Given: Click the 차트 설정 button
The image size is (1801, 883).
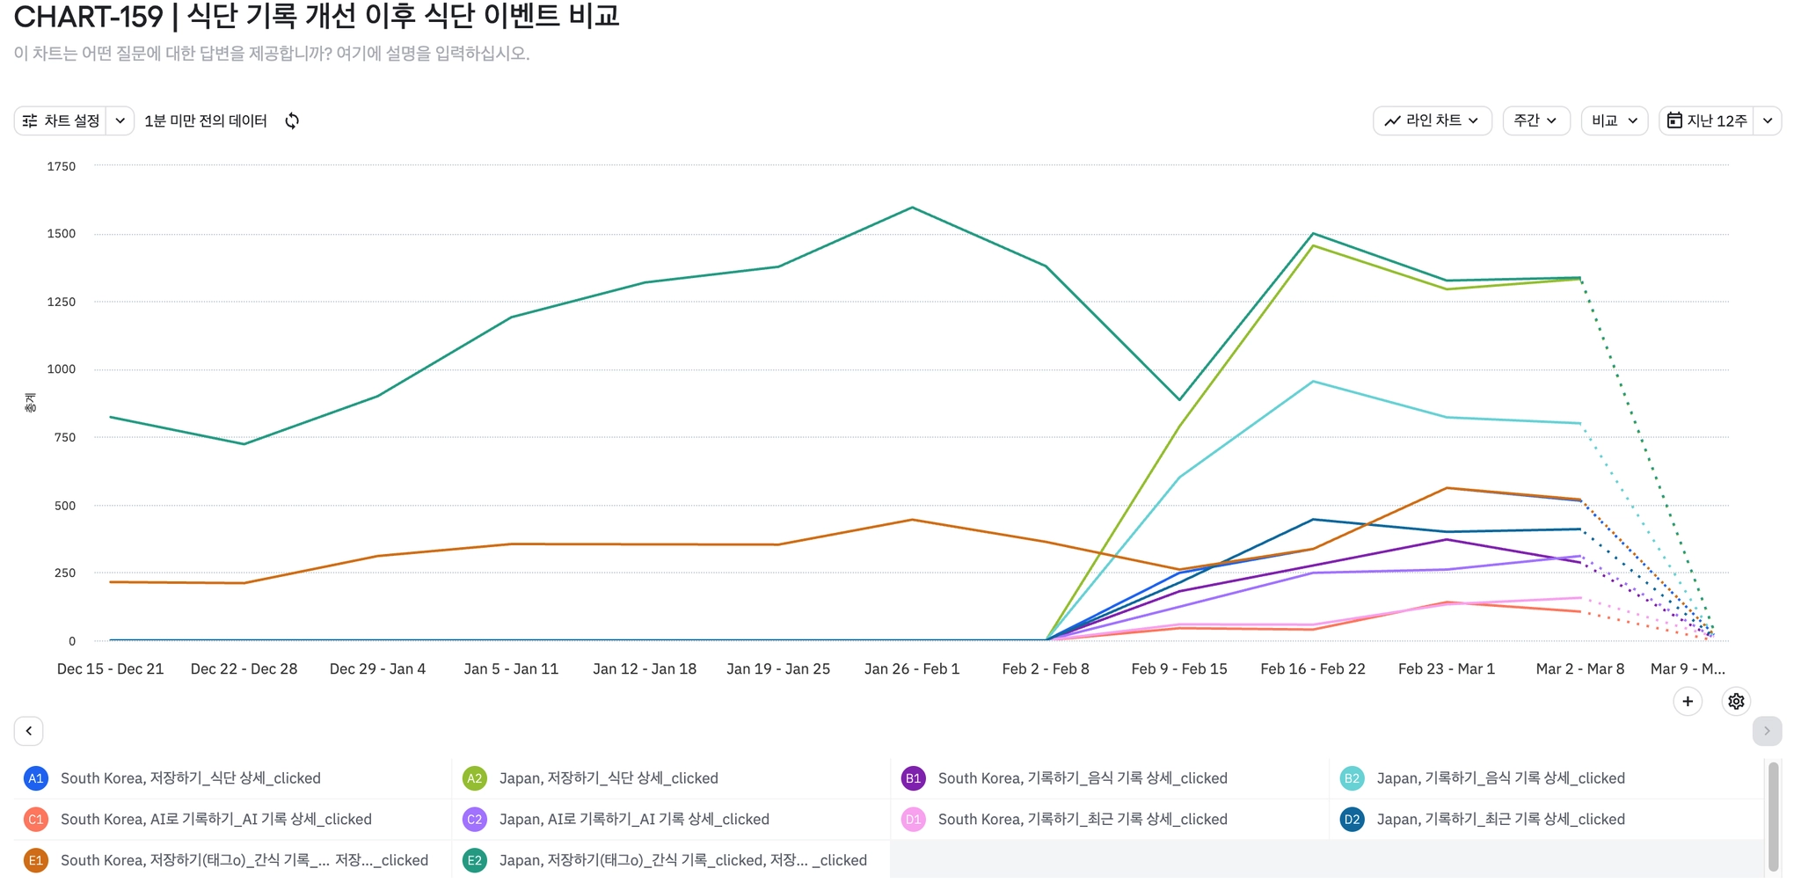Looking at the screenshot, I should tap(62, 120).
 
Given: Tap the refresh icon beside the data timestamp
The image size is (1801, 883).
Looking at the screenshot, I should tap(292, 120).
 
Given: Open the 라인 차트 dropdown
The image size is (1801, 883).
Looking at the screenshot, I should tap(1432, 120).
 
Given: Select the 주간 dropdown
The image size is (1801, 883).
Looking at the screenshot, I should tap(1535, 120).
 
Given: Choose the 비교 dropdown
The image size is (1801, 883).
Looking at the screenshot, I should tap(1614, 120).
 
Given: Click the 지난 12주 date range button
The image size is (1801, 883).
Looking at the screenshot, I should tap(1707, 120).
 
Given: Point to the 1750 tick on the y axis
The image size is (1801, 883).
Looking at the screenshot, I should tap(62, 166).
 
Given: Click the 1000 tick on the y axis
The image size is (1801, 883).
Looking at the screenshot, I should tap(62, 369).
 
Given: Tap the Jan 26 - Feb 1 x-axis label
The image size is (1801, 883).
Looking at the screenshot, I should tap(912, 669).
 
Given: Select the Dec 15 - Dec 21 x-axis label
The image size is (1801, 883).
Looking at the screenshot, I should tap(111, 669).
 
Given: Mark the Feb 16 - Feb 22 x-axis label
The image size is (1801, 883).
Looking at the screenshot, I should tap(1313, 669).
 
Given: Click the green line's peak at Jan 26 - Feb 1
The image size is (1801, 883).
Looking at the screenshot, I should tap(913, 208).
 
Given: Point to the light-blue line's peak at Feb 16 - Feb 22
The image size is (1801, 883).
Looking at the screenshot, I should tap(1313, 381).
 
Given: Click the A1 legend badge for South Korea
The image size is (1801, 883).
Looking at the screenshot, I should tap(36, 778).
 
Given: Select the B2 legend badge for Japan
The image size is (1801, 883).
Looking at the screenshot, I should tap(1352, 778).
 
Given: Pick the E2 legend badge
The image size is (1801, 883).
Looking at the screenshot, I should tap(475, 860).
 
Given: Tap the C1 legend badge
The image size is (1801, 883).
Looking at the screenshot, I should tap(36, 820).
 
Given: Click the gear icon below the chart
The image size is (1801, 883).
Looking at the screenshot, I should tap(1736, 702).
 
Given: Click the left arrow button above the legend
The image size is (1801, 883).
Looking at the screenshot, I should tap(29, 731).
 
